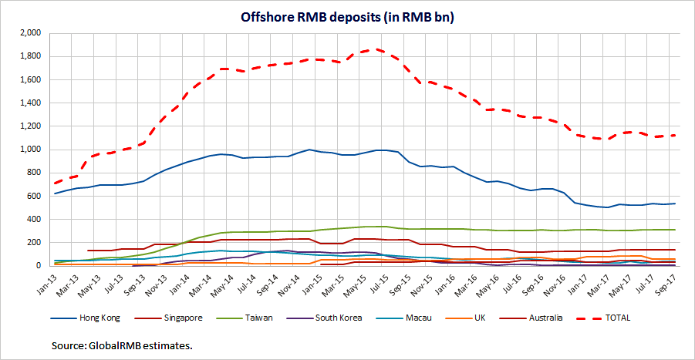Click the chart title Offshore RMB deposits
347,17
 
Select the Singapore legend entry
183,316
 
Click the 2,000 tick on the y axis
29,33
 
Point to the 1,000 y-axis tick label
29,150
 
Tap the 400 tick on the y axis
32,219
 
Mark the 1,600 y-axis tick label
29,79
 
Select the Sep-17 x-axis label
676,279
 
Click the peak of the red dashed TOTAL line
376,49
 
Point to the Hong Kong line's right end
676,204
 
